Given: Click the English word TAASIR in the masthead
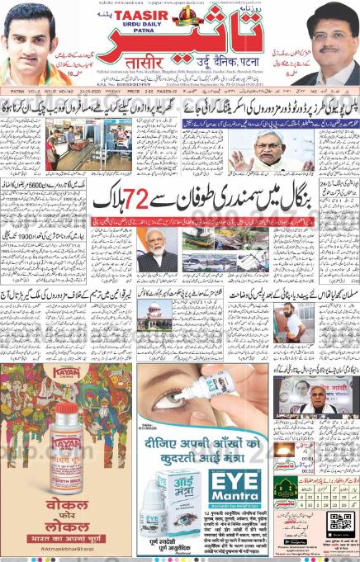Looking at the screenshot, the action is [x=145, y=16].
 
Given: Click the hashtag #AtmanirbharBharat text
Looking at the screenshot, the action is [x=67, y=547].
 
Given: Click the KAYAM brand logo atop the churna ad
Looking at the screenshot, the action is [x=66, y=373].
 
